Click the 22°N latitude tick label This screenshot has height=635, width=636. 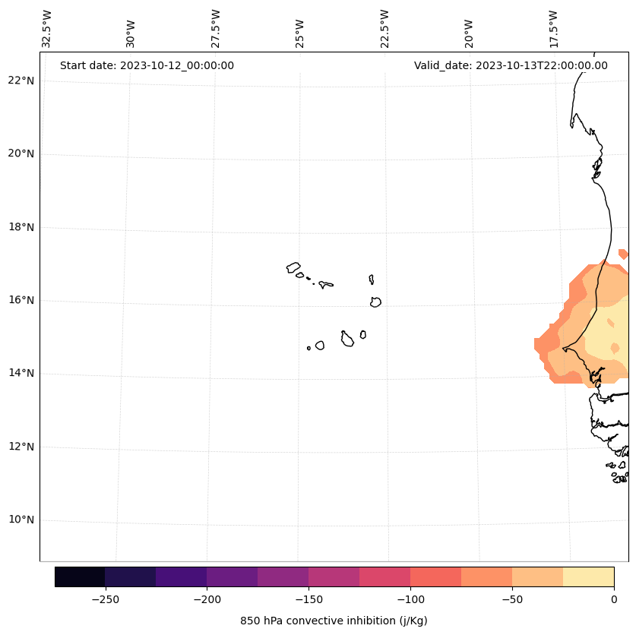click(x=21, y=81)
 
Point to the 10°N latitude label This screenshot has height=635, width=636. click(x=21, y=520)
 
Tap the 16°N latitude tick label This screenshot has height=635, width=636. click(x=21, y=300)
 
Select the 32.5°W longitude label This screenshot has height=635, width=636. click(x=47, y=29)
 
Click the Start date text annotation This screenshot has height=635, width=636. click(x=147, y=65)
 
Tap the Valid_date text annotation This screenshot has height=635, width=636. click(x=511, y=65)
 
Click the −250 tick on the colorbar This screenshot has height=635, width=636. click(x=105, y=599)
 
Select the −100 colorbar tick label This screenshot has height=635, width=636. click(x=410, y=599)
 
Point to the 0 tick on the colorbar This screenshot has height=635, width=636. click(x=614, y=599)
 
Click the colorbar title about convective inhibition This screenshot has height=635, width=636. click(x=334, y=621)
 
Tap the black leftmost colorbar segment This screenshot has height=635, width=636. click(x=80, y=577)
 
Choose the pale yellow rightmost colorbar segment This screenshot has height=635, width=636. click(x=588, y=577)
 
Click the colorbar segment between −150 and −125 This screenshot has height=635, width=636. click(x=334, y=577)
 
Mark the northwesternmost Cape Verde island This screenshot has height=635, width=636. click(x=293, y=267)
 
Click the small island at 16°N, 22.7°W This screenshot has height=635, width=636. click(x=375, y=302)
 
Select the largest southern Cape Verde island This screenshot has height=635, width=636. click(x=347, y=340)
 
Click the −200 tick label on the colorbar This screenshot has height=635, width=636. click(x=207, y=599)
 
